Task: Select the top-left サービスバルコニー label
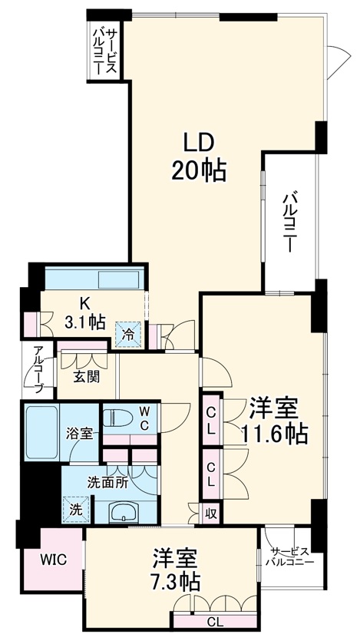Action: coord(104,50)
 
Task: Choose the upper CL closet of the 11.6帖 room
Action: coord(211,421)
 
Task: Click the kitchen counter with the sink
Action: coord(92,277)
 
